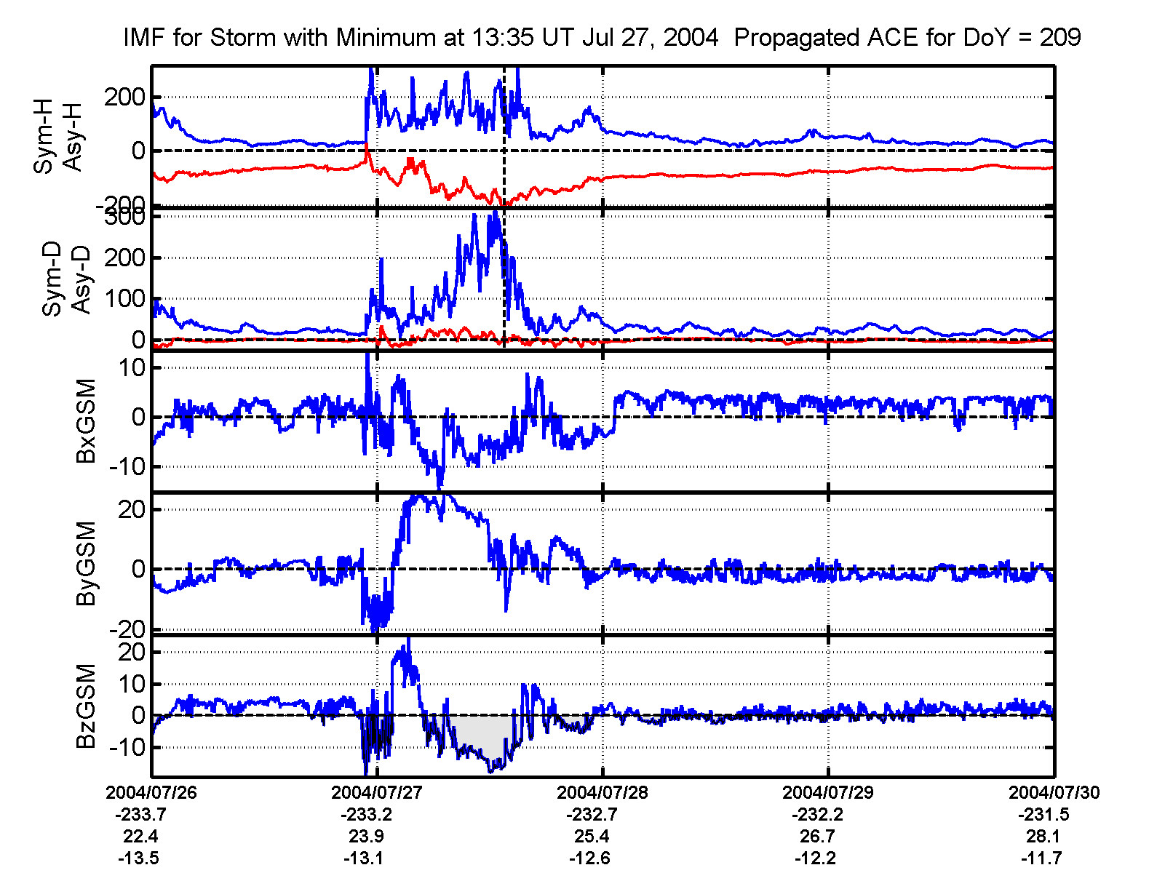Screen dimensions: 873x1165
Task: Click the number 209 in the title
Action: click(x=1059, y=37)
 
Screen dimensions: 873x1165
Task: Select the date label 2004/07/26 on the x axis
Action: click(x=151, y=793)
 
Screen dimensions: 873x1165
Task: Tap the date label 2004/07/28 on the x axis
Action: click(x=603, y=793)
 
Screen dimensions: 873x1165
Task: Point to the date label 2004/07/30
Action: click(x=1054, y=793)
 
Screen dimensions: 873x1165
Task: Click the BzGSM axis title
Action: click(x=87, y=706)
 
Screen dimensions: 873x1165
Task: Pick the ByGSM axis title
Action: click(x=87, y=563)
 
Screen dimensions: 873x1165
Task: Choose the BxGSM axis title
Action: click(x=87, y=420)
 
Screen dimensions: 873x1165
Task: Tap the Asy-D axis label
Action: click(x=81, y=280)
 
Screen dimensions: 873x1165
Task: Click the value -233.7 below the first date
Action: click(x=140, y=815)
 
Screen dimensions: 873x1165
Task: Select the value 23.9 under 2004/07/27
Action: click(x=366, y=837)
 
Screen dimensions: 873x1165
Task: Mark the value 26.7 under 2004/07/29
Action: click(x=817, y=837)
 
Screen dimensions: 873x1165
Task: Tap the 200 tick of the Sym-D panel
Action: click(x=124, y=258)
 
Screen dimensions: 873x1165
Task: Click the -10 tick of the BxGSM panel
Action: click(x=127, y=466)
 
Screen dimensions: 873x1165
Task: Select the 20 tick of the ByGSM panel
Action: click(x=132, y=509)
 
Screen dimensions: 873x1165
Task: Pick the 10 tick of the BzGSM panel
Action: click(x=132, y=684)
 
